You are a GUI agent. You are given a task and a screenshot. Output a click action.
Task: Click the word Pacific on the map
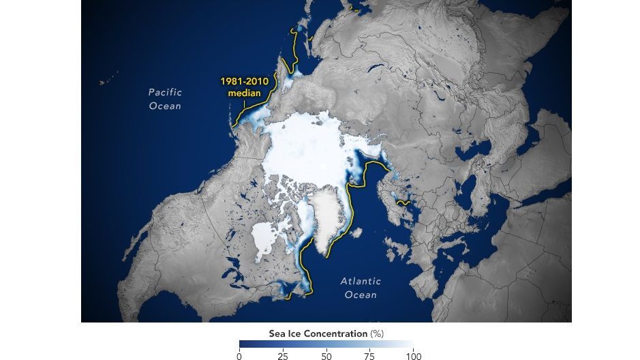(166, 92)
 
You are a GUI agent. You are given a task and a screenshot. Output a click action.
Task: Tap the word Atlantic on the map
(361, 281)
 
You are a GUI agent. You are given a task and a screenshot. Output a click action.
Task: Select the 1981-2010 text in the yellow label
(243, 80)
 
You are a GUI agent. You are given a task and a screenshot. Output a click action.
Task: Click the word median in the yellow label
(244, 92)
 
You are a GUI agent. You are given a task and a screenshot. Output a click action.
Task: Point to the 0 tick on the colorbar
(239, 356)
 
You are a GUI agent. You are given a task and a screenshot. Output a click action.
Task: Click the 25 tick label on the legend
(282, 356)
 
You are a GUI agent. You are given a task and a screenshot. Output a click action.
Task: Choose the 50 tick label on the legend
(326, 356)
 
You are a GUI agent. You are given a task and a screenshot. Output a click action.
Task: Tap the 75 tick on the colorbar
(369, 356)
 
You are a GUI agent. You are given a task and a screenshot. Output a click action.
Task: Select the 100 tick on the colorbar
(413, 356)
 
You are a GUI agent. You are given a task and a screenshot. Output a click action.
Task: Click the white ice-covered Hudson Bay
(264, 238)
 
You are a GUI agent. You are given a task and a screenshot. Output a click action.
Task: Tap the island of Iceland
(355, 232)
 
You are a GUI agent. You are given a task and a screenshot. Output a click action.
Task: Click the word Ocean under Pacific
(166, 106)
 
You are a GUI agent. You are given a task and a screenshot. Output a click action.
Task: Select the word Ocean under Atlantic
(361, 295)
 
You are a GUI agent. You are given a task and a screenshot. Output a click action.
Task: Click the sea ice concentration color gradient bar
(326, 344)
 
